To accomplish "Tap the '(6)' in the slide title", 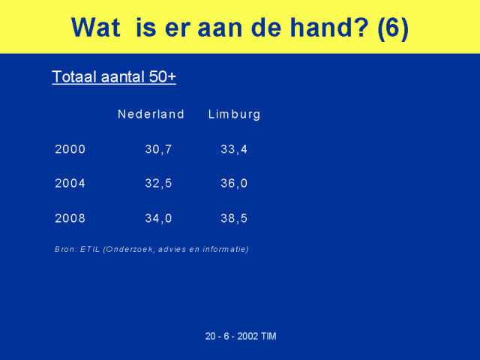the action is point(393,28).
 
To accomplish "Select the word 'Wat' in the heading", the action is point(96,27).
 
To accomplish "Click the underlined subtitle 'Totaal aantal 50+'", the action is point(114,76).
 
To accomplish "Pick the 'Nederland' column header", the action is point(151,114).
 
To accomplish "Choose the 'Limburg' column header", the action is point(234,115).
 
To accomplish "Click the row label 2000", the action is point(70,149).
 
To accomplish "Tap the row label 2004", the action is point(70,183).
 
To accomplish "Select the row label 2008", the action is point(70,218).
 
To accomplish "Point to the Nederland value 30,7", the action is point(158,149).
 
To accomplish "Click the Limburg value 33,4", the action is point(234,149).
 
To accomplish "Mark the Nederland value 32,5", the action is point(158,183).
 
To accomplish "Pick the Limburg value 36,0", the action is point(234,183).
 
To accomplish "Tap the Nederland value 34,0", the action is point(158,218).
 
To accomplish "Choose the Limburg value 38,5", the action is point(234,218).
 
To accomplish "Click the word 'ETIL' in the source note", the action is point(90,249).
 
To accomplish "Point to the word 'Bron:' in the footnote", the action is point(65,249).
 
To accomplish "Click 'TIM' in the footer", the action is point(268,336).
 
